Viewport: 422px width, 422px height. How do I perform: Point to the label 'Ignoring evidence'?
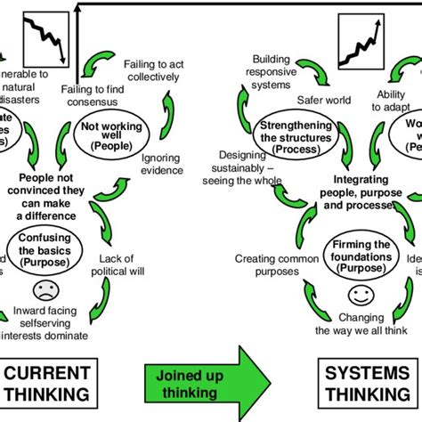click(162, 163)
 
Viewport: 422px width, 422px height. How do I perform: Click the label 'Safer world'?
click(325, 101)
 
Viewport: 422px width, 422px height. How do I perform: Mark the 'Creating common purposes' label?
click(265, 264)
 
